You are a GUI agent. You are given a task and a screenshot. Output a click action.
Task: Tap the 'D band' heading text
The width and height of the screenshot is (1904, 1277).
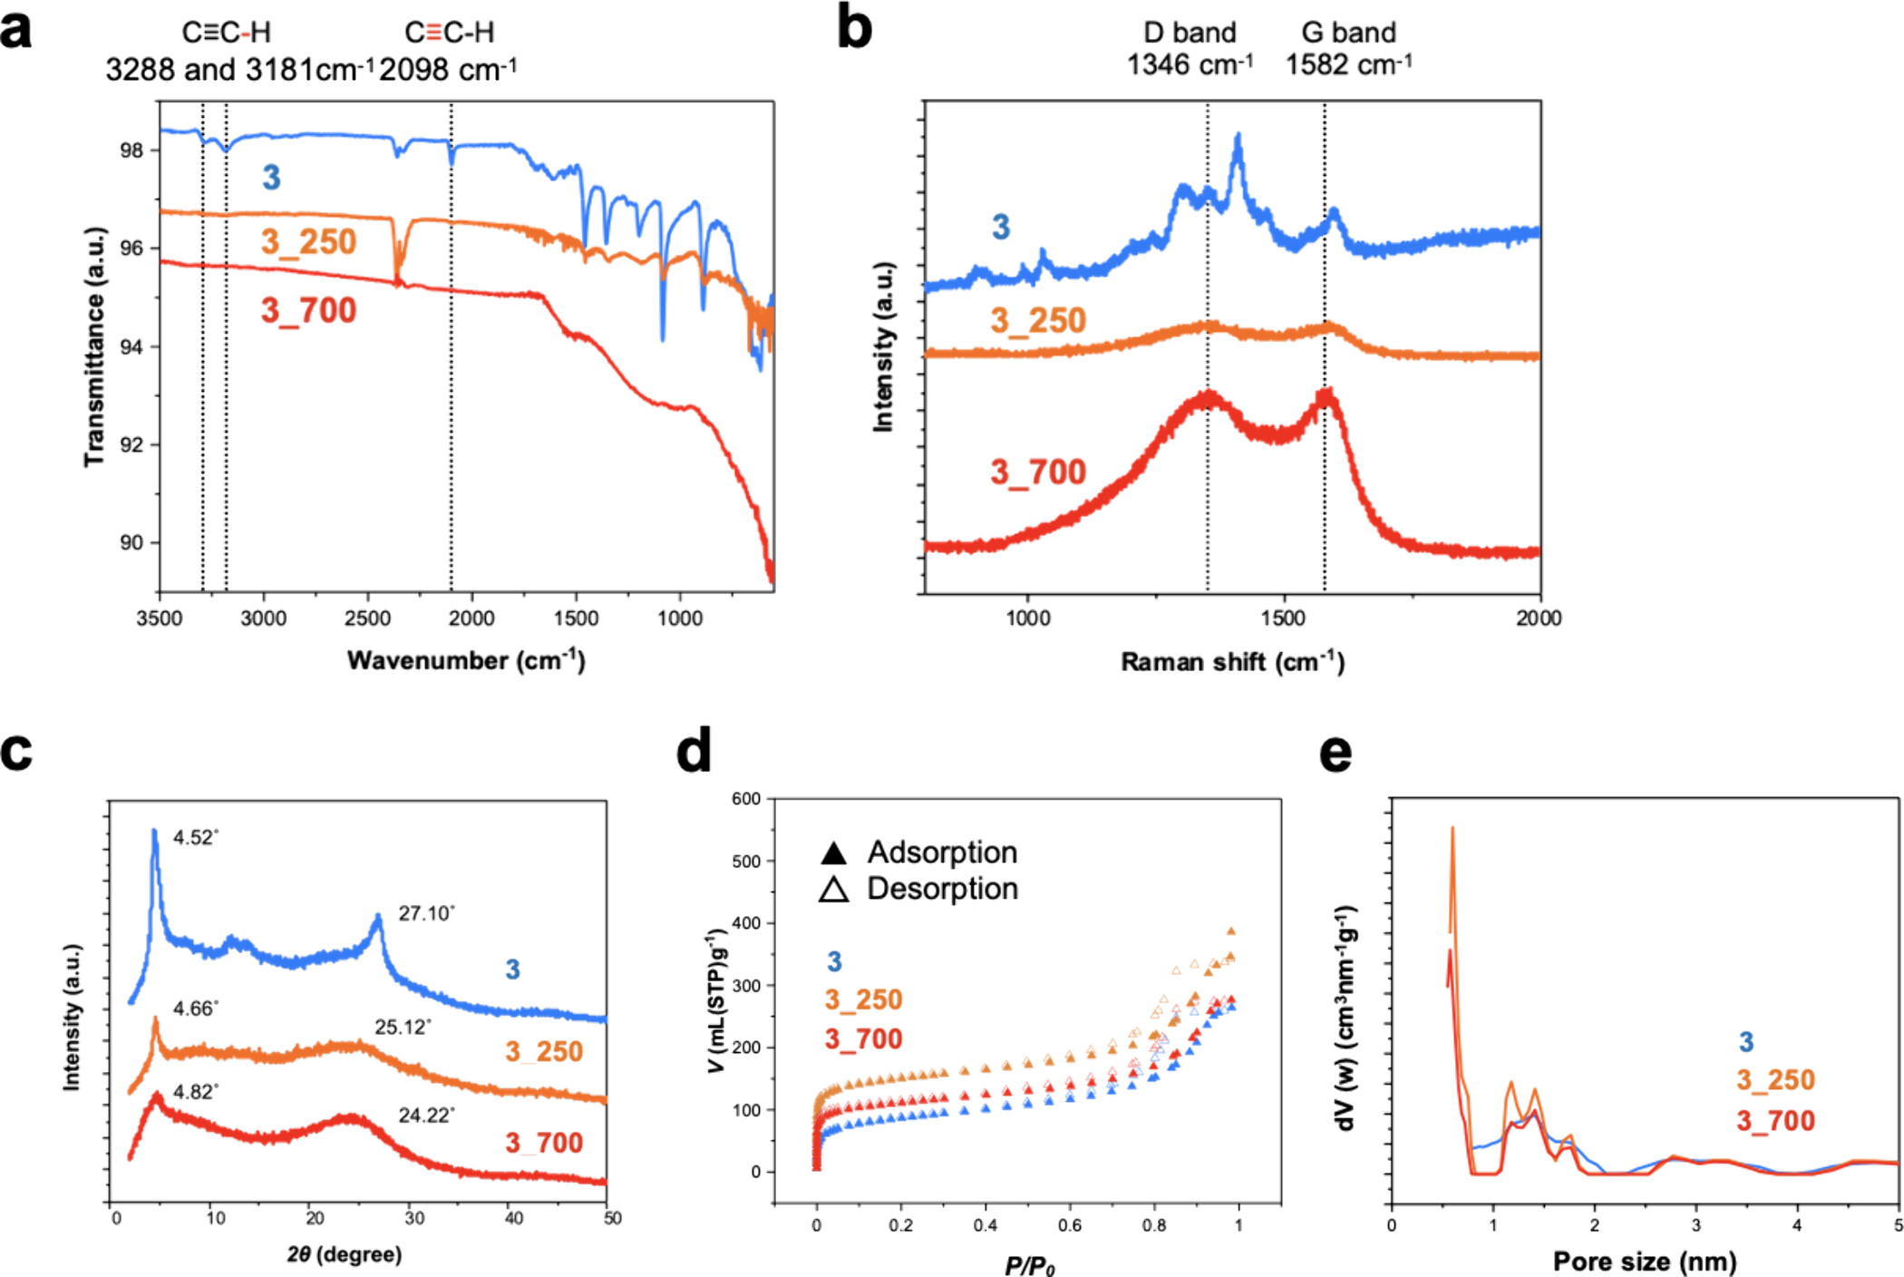coord(1190,33)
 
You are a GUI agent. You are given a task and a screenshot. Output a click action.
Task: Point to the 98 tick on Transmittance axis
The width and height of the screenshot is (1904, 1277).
coord(132,151)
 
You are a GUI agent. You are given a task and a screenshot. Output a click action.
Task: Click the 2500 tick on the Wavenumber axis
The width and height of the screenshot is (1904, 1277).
coord(367,619)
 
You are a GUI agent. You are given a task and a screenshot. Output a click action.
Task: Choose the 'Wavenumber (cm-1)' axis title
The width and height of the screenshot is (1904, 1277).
coord(466,660)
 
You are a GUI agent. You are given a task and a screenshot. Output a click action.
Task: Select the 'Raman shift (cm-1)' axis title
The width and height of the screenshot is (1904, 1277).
coord(1232,662)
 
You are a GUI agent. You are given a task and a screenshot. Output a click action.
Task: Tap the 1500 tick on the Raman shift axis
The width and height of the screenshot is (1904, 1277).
coord(1284,619)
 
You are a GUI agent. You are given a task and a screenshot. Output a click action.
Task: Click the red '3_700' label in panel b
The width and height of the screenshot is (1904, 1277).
coord(1038,473)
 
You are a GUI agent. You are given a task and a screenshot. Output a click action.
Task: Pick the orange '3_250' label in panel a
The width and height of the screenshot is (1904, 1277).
coord(308,242)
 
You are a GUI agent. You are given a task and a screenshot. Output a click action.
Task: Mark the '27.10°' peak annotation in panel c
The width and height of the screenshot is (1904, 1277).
coord(426,913)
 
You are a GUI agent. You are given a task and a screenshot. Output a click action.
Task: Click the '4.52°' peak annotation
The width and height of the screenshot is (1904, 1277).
coord(196,837)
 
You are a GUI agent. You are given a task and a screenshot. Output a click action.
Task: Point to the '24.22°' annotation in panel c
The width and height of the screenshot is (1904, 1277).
coord(426,1116)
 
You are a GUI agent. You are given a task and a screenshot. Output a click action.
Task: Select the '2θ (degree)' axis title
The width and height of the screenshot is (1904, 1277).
coord(345,1254)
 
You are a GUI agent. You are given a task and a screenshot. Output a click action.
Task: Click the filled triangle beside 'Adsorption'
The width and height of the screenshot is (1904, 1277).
coord(833,853)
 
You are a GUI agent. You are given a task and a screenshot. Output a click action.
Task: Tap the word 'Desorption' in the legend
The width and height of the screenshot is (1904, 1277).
coord(942,889)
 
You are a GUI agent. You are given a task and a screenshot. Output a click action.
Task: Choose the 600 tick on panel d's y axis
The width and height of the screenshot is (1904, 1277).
coord(746,799)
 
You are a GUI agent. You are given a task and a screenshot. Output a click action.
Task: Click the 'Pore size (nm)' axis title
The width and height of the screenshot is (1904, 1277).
coord(1645,1262)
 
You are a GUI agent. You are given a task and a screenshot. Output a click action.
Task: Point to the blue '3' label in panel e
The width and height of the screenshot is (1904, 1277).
coord(1746,1042)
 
